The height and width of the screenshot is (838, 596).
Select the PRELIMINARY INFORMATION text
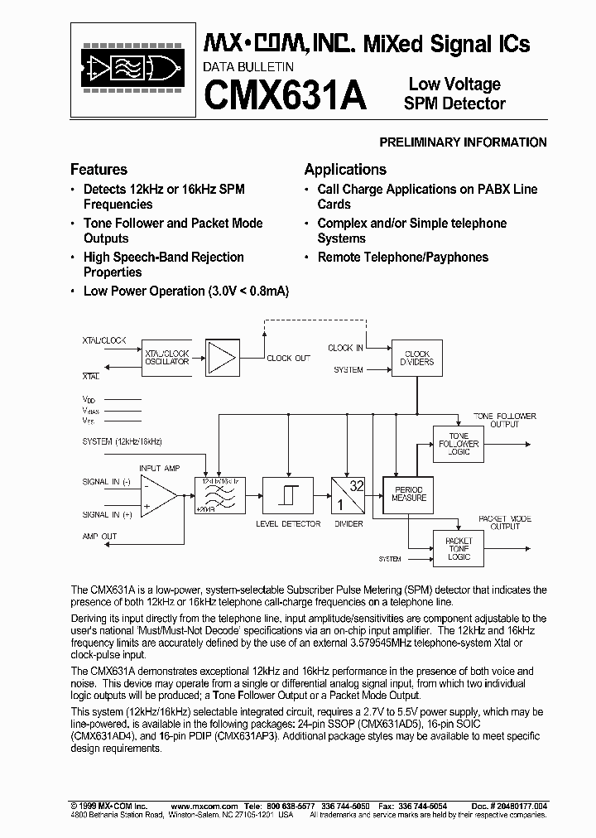pos(463,142)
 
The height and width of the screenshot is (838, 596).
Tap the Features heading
pos(99,170)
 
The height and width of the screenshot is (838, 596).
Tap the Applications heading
pos(345,170)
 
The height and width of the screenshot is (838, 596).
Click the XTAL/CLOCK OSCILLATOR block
pos(167,358)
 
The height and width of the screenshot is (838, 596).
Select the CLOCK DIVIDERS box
pos(417,358)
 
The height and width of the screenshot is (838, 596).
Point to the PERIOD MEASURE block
pos(409,494)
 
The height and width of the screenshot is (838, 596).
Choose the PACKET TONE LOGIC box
pos(459,548)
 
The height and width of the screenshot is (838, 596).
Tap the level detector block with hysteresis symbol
pos(287,495)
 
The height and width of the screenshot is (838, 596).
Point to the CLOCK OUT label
pos(289,359)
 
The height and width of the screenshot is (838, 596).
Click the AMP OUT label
pos(99,537)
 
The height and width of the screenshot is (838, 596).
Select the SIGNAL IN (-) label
pos(106,482)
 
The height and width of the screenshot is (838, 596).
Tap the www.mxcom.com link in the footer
pos(204,806)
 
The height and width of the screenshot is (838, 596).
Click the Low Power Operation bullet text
pos(186,291)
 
